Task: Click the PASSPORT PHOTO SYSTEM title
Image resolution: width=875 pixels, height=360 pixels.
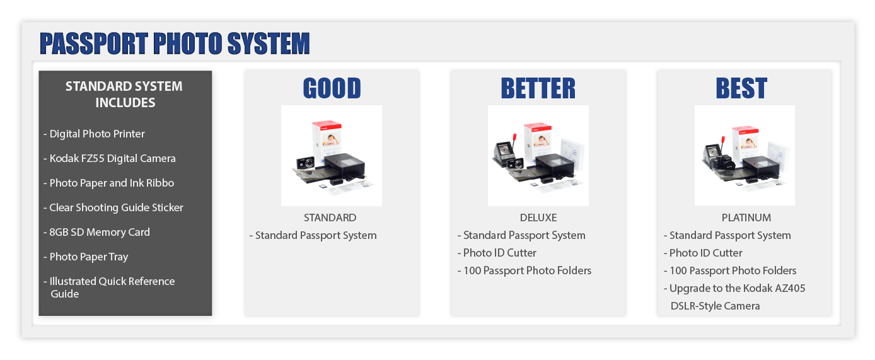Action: tap(175, 43)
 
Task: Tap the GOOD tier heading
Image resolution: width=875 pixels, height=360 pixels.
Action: tap(332, 88)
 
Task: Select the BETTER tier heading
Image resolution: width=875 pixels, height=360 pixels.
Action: tap(538, 88)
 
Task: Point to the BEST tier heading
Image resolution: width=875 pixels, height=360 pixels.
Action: tap(741, 88)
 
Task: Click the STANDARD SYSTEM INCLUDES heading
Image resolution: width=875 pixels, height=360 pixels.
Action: tap(124, 94)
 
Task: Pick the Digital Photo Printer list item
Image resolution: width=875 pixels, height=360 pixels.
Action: tap(94, 134)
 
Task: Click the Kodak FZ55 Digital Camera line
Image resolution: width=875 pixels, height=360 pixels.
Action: tap(110, 158)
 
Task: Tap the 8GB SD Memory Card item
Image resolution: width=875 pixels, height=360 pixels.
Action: tap(96, 232)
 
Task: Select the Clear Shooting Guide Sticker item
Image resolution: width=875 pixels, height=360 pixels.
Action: tap(113, 207)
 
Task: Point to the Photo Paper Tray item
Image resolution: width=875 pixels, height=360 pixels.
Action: tap(86, 257)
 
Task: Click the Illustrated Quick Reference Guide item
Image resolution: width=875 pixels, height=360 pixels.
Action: tap(109, 287)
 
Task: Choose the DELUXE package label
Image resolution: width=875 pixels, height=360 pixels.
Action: tap(538, 218)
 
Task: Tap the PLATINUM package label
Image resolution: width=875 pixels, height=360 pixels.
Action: tap(746, 218)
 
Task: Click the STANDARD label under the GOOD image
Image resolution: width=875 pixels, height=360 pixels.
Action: tap(330, 218)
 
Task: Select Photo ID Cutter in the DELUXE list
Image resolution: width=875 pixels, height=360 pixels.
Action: tap(497, 253)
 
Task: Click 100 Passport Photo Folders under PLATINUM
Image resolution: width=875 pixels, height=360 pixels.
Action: tap(730, 270)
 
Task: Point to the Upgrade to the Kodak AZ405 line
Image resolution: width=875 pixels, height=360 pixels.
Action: tap(734, 288)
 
